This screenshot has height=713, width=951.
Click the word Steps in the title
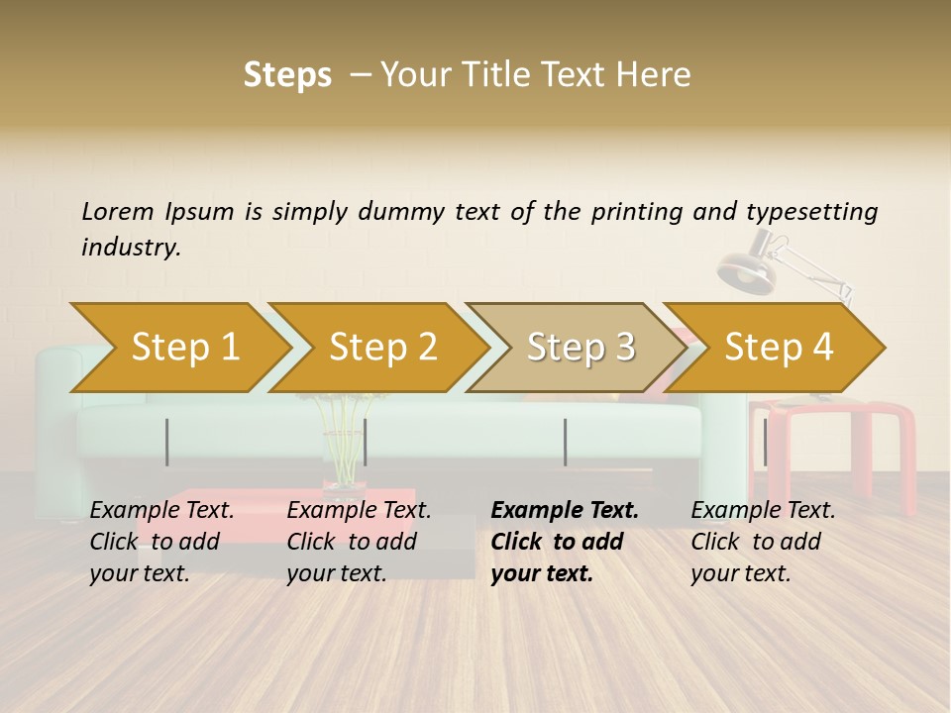coord(287,75)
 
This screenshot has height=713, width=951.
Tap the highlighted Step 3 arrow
coord(581,348)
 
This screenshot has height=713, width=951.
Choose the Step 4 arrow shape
coord(779,348)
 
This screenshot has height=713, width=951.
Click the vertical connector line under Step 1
coord(166,442)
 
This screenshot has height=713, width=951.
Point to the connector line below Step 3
coord(565,442)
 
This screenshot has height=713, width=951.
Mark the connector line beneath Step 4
coord(765,442)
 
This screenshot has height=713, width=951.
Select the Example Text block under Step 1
coord(161,542)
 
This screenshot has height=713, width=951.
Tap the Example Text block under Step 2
coord(359,542)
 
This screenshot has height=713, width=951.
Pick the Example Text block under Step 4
coord(763,542)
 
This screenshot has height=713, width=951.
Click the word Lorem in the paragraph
coord(119,211)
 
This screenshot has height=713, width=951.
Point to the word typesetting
coord(811,212)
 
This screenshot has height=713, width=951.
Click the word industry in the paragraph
coord(130,247)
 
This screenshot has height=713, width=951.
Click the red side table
coord(832,436)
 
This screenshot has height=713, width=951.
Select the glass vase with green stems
coord(343,451)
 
